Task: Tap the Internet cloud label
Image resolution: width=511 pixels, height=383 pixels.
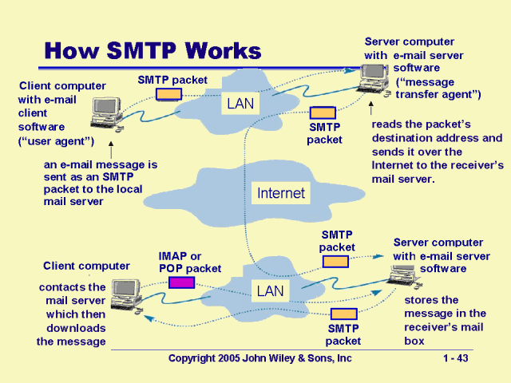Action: [x=280, y=193]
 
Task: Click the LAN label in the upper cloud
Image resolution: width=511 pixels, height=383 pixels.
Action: [x=240, y=104]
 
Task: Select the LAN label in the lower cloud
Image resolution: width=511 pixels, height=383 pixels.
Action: [x=270, y=291]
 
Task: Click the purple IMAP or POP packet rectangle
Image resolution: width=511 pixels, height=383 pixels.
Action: [x=181, y=282]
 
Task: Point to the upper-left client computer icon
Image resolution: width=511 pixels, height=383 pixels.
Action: [x=105, y=114]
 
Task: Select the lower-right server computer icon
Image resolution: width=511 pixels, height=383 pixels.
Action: [x=397, y=275]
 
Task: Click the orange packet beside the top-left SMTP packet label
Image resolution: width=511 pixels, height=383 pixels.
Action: [x=168, y=94]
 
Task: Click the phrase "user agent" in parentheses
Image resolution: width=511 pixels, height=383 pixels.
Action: [x=56, y=141]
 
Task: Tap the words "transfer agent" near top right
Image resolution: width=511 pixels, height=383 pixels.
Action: [x=438, y=95]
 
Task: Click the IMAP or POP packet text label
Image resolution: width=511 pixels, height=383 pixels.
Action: [x=190, y=262]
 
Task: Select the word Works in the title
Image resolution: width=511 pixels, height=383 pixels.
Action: [x=222, y=52]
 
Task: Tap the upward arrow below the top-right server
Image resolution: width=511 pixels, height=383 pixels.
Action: [x=371, y=109]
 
